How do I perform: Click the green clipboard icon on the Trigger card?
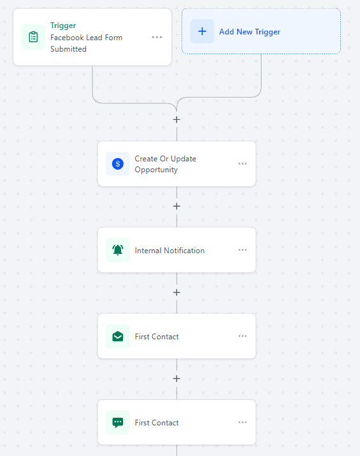click(x=33, y=37)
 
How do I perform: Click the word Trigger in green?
click(x=63, y=26)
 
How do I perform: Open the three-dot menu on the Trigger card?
click(x=157, y=37)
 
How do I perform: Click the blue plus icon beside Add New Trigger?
click(x=202, y=31)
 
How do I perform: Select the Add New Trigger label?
click(x=250, y=32)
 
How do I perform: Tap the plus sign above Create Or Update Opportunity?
click(x=176, y=119)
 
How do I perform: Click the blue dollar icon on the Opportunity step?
click(x=118, y=164)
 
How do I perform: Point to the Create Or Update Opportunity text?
click(x=165, y=164)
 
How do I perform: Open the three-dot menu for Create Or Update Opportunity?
click(x=242, y=164)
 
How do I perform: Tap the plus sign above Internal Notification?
click(x=176, y=206)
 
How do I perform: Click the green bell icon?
click(x=118, y=250)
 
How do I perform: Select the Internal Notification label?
click(x=169, y=251)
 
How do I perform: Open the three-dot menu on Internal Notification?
click(x=242, y=250)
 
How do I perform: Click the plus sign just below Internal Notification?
click(x=176, y=292)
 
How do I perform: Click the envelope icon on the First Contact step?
click(x=118, y=336)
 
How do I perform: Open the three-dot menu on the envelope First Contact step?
click(x=242, y=336)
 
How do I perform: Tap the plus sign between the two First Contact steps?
click(x=176, y=378)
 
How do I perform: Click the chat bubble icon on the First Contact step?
click(x=118, y=422)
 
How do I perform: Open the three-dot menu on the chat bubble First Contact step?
click(x=242, y=422)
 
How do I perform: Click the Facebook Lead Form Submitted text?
click(x=86, y=43)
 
